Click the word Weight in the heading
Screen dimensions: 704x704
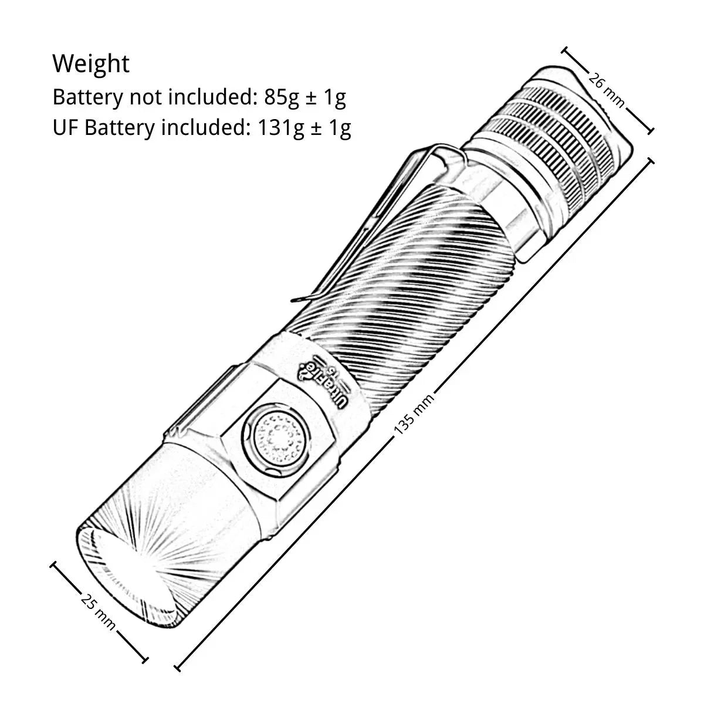pos(91,63)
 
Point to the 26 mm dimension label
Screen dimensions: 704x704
pos(607,89)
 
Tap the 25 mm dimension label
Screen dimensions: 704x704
pos(98,611)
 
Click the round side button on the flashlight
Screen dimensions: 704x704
pos(276,438)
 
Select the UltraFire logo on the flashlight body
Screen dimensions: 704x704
pos(324,378)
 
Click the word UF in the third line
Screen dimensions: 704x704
pos(66,127)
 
